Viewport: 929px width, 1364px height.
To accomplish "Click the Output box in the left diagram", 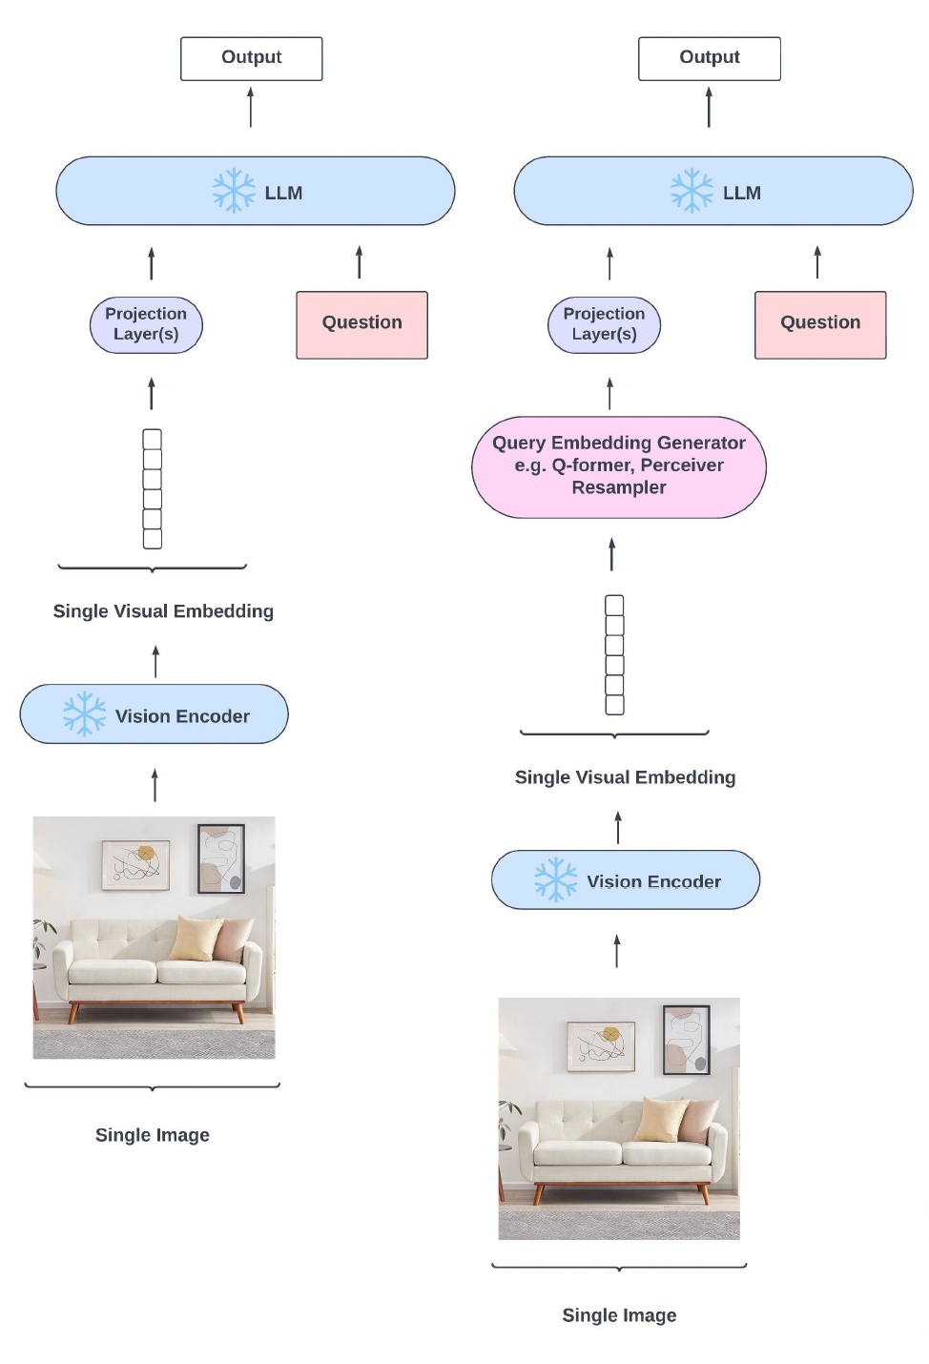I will coord(251,58).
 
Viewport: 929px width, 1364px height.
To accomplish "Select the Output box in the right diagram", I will coord(709,58).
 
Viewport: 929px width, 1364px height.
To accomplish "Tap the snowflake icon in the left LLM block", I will coord(234,191).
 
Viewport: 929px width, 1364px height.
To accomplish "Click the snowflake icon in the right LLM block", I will coord(692,191).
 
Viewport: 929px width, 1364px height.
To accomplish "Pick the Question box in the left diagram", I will coord(361,324).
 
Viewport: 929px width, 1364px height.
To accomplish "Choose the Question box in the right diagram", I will coord(820,324).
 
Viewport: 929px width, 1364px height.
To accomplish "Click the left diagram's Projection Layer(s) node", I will coord(146,324).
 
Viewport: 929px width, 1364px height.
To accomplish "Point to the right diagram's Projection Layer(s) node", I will coord(604,324).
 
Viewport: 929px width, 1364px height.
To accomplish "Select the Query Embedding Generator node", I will coord(618,466).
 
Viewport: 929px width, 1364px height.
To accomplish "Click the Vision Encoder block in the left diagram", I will coord(154,714).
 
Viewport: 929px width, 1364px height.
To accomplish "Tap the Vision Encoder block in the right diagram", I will coord(626,879).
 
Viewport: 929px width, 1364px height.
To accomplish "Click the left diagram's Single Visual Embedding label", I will coord(163,611).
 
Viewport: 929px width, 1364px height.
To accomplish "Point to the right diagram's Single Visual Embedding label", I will coord(625,777).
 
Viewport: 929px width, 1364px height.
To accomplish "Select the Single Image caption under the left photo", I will coord(153,1135).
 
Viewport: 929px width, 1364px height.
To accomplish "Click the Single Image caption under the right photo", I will coord(619,1315).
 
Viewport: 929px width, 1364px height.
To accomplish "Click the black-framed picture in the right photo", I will coord(686,1040).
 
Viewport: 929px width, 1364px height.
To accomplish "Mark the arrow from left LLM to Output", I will coord(251,107).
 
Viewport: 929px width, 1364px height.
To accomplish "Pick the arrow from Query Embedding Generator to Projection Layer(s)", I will coord(610,393).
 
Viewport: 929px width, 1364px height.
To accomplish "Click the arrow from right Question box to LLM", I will coord(817,262).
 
